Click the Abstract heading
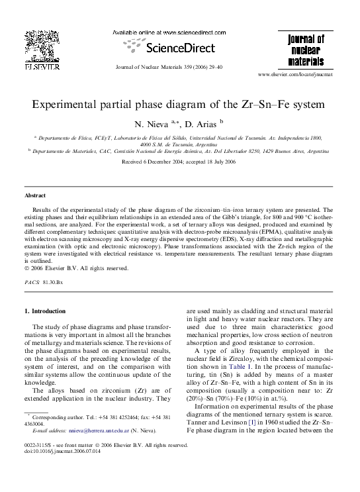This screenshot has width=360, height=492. [35, 196]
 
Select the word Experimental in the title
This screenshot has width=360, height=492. [68, 104]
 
